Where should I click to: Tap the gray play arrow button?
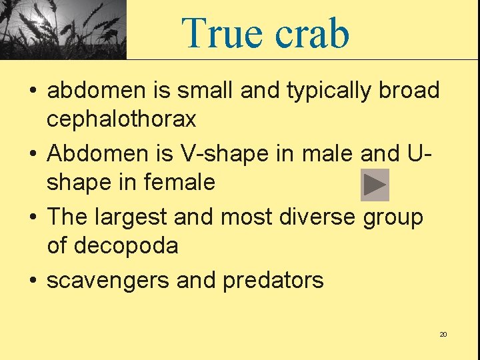coord(375,185)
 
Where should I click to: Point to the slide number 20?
coord(443,334)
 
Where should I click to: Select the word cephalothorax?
coord(121,119)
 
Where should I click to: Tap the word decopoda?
coord(126,245)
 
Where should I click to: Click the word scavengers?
coord(108,280)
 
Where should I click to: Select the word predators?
coord(273,280)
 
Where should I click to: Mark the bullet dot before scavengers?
coord(33,281)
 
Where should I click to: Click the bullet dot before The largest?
coord(33,217)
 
